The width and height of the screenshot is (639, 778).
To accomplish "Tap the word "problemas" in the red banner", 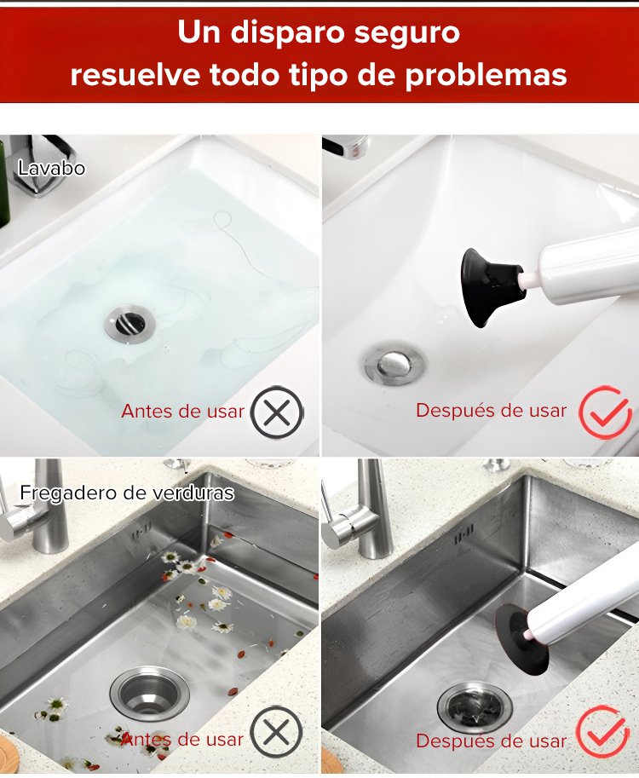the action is (x=486, y=76).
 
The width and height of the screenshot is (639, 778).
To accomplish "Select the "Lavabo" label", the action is (x=51, y=168).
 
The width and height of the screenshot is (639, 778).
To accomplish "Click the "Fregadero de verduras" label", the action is (x=127, y=493).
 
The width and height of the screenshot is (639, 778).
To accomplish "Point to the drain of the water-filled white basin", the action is (x=130, y=323).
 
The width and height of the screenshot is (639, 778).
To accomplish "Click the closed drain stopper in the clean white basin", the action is (x=395, y=365).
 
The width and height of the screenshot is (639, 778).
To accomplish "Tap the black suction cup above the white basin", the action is (x=492, y=286).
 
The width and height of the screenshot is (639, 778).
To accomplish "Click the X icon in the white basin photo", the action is (x=277, y=412).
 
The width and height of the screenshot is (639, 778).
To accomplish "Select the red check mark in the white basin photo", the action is (x=605, y=412).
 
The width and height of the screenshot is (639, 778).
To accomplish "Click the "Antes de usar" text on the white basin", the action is (x=183, y=412).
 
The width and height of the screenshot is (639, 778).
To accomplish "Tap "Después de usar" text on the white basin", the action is (x=491, y=411).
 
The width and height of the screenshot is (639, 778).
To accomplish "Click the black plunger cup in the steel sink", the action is (x=521, y=637).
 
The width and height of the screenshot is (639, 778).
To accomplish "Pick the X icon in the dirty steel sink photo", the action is (x=276, y=732).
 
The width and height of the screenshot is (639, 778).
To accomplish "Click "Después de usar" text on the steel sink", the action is (x=491, y=741).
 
